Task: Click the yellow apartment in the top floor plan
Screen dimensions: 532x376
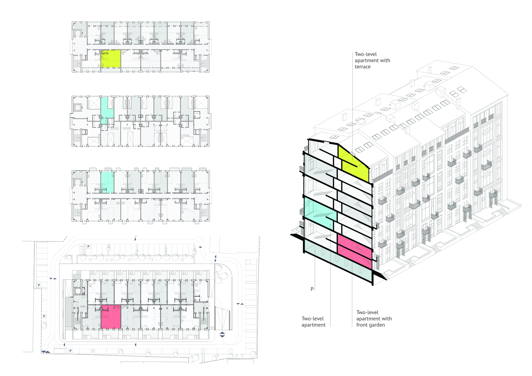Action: [x=111, y=59]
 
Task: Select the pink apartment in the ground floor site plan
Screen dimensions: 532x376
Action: [x=111, y=317]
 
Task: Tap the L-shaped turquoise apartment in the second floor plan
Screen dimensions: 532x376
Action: [x=106, y=109]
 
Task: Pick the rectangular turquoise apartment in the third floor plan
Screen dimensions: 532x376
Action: [x=107, y=182]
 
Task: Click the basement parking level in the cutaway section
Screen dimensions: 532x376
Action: [x=338, y=261]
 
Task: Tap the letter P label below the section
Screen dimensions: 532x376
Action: [x=312, y=289]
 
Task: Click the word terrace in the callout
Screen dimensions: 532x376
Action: [x=363, y=67]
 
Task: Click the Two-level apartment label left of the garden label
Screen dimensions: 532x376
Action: [x=313, y=322]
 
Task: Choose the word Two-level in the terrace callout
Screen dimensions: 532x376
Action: [x=366, y=54]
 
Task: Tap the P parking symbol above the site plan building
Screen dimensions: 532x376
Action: [x=89, y=247]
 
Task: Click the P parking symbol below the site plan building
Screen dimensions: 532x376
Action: [x=70, y=351]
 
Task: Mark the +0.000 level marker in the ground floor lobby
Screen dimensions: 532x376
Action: [x=83, y=307]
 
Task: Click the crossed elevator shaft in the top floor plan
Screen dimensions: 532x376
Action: [x=78, y=33]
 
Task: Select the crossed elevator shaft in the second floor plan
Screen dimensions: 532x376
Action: [x=78, y=108]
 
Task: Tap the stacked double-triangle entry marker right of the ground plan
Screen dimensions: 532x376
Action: [x=222, y=335]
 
